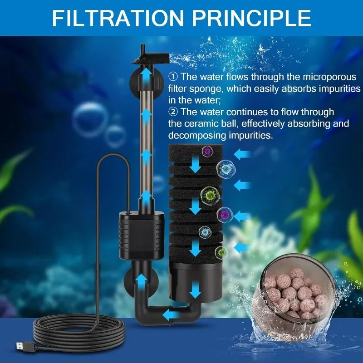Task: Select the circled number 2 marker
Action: [x=172, y=111]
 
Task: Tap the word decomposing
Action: [x=197, y=135]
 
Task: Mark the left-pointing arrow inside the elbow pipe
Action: [x=171, y=314]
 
